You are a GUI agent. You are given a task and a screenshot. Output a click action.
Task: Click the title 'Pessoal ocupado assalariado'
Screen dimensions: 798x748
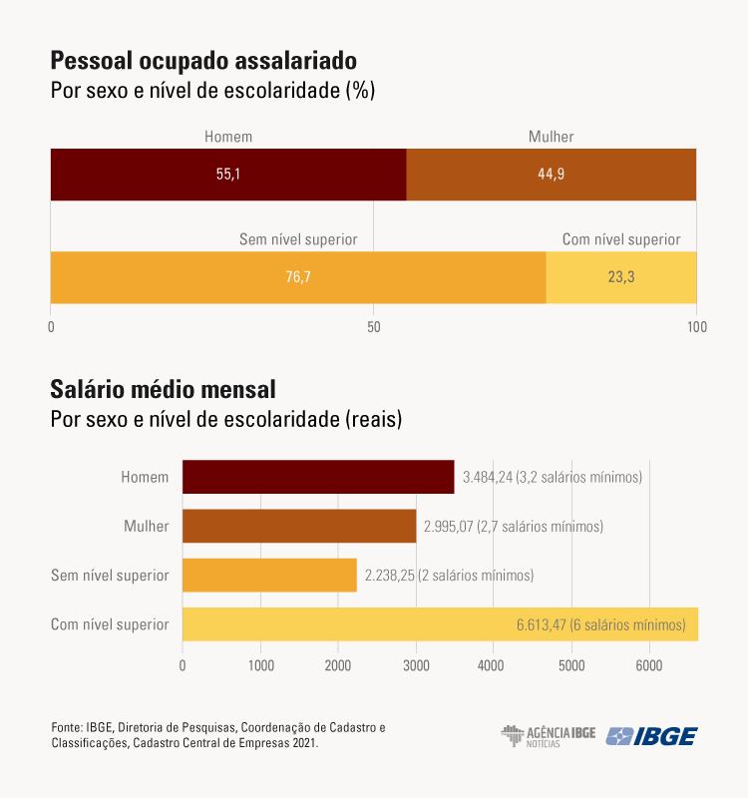click(x=203, y=60)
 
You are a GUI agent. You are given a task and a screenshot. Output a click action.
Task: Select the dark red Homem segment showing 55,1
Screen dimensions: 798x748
click(x=228, y=174)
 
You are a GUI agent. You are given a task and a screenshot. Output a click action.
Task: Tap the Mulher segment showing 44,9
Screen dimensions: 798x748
click(x=552, y=174)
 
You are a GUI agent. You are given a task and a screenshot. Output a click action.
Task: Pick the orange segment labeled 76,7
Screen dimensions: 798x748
click(x=298, y=276)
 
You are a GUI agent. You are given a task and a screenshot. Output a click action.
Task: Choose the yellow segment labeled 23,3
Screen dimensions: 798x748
click(x=621, y=276)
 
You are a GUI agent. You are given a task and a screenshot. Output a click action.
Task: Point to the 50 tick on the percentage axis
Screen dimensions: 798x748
click(x=374, y=326)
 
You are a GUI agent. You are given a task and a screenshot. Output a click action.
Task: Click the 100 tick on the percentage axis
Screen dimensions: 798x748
click(x=696, y=326)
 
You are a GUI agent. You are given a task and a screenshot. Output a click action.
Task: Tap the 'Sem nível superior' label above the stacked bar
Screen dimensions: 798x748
click(x=298, y=239)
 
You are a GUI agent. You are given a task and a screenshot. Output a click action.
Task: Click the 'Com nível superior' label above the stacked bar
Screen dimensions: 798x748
click(x=621, y=239)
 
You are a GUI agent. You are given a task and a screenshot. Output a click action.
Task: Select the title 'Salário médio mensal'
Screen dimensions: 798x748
click(x=163, y=387)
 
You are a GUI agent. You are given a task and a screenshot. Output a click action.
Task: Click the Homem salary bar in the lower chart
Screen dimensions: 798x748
click(x=318, y=477)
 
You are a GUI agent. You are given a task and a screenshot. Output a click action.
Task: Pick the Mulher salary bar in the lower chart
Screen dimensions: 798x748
click(x=299, y=526)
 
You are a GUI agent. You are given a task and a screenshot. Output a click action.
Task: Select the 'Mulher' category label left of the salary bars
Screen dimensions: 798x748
click(x=146, y=526)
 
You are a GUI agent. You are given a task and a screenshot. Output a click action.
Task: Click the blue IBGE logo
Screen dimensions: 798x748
click(x=652, y=736)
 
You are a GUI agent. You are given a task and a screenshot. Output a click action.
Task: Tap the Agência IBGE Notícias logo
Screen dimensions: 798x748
click(x=549, y=736)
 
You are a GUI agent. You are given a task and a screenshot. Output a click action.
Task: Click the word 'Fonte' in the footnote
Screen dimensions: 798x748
click(x=66, y=728)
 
